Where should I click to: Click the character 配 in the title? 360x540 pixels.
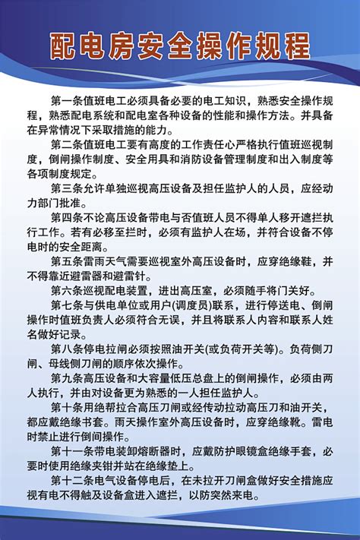66,49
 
